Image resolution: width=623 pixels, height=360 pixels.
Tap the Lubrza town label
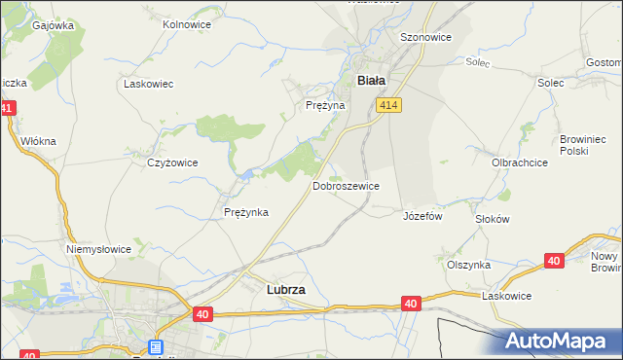[286, 289]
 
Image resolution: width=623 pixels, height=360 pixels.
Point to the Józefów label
[422, 216]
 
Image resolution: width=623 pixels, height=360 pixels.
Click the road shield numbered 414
[389, 105]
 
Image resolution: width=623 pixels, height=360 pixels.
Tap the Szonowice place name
[425, 37]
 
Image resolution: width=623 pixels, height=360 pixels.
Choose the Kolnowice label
[187, 23]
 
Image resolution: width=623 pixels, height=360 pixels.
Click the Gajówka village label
[54, 25]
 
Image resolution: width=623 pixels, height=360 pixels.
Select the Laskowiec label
[148, 84]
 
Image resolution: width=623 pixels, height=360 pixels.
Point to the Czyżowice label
[172, 162]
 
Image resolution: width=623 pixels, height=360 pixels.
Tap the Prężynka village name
[245, 212]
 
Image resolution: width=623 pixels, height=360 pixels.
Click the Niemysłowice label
[98, 249]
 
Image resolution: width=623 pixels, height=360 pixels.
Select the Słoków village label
[492, 219]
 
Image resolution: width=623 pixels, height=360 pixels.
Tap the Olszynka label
[468, 265]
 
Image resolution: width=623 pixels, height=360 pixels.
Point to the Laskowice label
[507, 296]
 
